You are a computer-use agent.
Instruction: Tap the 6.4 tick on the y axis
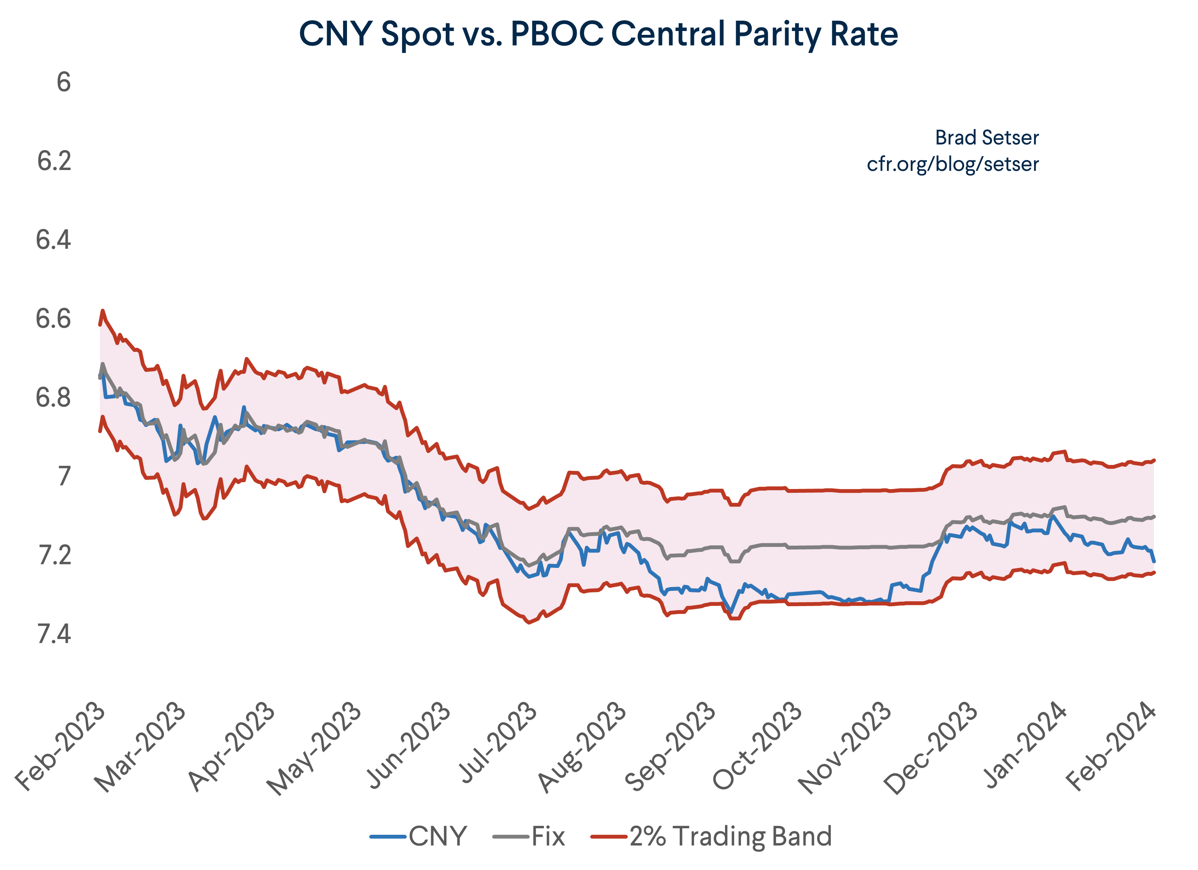53,240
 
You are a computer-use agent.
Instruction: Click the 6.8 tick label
53,398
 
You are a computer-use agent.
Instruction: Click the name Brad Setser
986,138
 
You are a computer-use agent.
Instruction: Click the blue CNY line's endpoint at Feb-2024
1154,561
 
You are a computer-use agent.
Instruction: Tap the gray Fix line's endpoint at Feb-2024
1155,516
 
